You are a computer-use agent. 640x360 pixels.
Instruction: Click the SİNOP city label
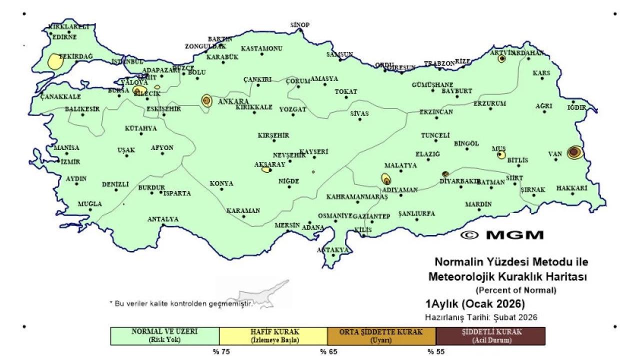[300, 24]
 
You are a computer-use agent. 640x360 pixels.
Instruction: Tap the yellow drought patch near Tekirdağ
[54, 61]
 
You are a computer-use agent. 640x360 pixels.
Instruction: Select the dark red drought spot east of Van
[574, 152]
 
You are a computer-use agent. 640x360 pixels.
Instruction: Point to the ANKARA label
[230, 101]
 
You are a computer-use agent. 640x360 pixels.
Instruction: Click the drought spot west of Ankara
[206, 100]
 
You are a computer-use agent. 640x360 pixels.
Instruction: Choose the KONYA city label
[221, 183]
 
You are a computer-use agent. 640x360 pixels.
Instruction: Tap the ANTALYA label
[162, 219]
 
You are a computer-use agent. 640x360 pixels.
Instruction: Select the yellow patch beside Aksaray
[266, 169]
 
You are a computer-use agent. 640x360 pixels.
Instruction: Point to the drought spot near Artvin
[501, 58]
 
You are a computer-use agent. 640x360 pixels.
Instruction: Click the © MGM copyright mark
[501, 234]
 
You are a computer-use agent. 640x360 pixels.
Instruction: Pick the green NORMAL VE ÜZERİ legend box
[164, 336]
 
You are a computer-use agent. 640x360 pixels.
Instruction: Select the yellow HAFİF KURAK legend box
[273, 336]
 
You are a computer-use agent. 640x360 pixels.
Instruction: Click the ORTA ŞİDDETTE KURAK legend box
[381, 336]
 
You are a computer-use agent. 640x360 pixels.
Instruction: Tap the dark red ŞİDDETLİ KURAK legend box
[490, 336]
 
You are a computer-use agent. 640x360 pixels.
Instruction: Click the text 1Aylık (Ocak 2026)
[474, 304]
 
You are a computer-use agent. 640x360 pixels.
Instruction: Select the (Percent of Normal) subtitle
[515, 290]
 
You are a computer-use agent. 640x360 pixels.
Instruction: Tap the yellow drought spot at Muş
[501, 155]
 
